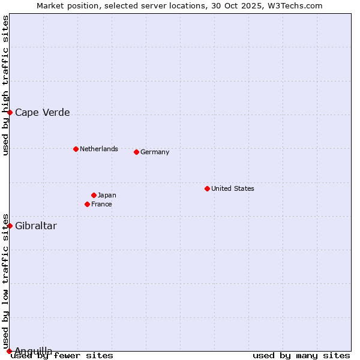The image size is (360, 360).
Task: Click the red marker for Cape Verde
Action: (10, 112)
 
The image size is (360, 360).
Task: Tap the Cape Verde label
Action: (42, 112)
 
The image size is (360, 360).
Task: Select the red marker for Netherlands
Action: (76, 149)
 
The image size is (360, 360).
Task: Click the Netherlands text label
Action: (98, 149)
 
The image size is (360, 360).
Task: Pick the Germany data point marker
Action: (136, 152)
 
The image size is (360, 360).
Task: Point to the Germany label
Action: (155, 152)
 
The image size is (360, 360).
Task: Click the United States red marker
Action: (207, 188)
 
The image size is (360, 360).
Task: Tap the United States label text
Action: (232, 188)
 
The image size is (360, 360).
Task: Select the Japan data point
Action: (94, 195)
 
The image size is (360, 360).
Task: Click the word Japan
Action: (107, 195)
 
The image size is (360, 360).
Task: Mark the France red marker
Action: (87, 204)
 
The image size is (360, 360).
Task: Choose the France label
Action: (101, 204)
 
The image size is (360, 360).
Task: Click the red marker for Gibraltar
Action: (10, 226)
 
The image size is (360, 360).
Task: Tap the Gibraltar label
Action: (36, 226)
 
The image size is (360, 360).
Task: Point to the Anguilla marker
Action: (10, 351)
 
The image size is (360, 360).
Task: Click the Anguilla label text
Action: (33, 351)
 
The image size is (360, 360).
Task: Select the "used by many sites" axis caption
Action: (301, 355)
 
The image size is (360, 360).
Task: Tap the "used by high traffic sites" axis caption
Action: (5, 85)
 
